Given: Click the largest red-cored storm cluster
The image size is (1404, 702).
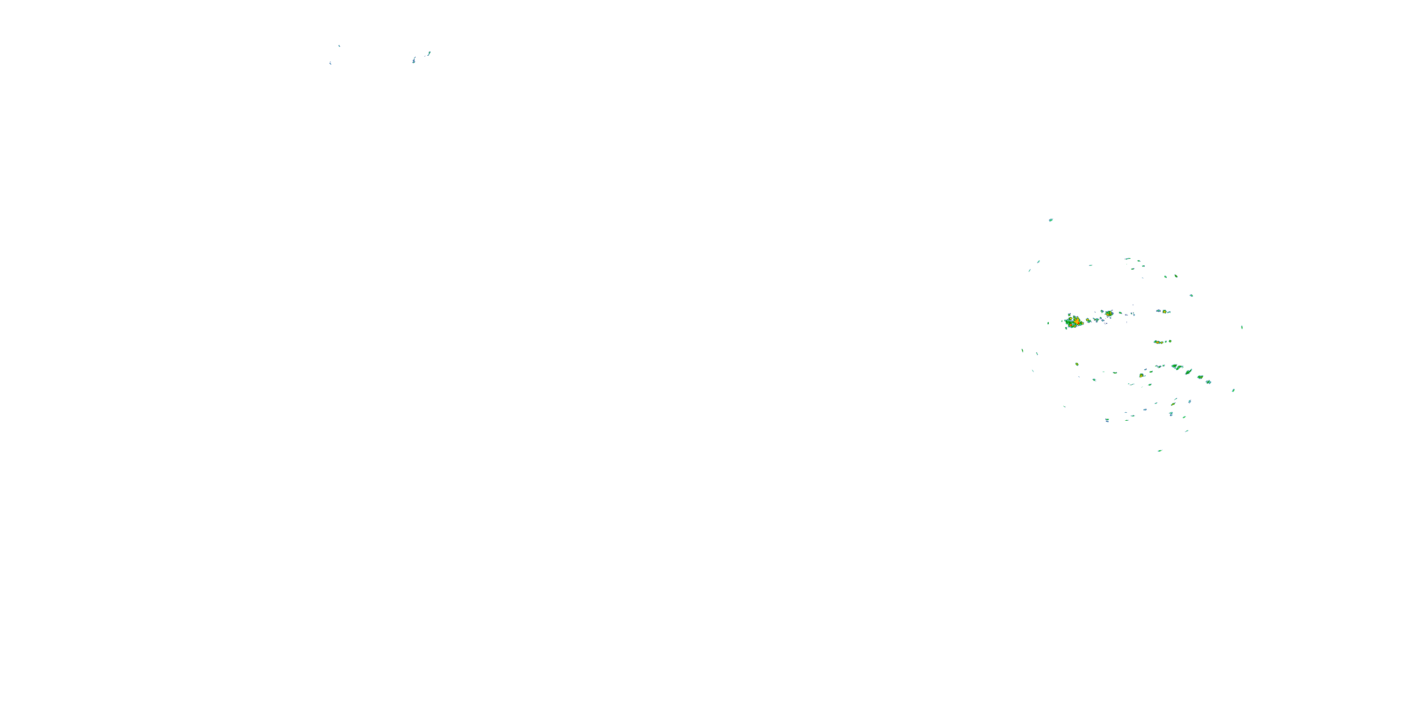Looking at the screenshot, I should pos(1074,322).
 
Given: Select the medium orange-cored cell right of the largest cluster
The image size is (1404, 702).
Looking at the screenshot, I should pos(1109,314).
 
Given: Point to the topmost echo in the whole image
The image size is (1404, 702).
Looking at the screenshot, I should pos(339,46).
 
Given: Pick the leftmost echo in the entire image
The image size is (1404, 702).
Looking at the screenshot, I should pos(330,63).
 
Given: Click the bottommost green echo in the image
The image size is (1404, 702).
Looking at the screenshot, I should pos(1159,451).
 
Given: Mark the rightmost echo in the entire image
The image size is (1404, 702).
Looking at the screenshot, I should pos(1242,327).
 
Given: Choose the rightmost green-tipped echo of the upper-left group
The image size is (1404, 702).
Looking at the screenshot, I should pos(429,53).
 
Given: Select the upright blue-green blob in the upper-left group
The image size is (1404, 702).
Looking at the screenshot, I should pos(414,60).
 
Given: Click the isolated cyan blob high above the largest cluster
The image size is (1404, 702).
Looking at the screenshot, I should pos(1051,220).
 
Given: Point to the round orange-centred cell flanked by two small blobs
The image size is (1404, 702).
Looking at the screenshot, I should pos(1164,311).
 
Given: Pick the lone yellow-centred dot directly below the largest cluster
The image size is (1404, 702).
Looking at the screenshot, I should pos(1076,364).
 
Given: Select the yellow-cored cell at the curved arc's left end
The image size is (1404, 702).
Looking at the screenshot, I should pos(1141,375).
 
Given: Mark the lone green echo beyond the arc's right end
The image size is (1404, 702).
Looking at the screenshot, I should pos(1233,390).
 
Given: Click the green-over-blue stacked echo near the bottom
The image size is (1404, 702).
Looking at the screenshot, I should pos(1171,414).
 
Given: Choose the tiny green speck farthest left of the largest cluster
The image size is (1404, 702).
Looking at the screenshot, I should pos(1047,323).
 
